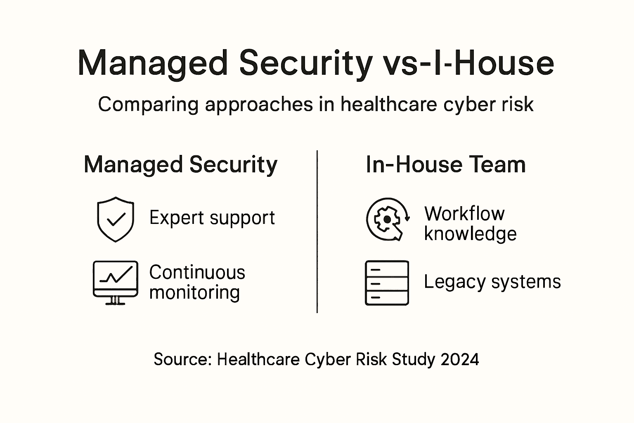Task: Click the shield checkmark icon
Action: (116, 219)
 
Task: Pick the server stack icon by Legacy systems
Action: (387, 283)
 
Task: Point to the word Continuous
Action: (197, 273)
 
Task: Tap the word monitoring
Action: (194, 292)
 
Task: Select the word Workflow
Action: (464, 214)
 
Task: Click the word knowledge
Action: (470, 234)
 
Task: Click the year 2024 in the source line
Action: (460, 359)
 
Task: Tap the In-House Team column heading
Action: (446, 165)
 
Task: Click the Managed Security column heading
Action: (180, 165)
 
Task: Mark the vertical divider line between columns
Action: (317, 231)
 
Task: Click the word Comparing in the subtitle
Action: (148, 105)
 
